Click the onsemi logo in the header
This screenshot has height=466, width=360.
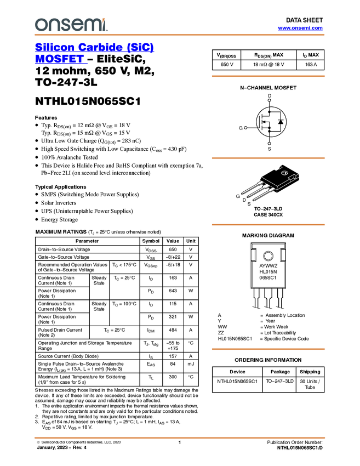point(71,25)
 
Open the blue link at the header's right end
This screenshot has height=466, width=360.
point(300,28)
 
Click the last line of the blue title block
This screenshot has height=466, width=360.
point(61,62)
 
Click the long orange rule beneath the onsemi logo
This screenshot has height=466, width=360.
point(179,35)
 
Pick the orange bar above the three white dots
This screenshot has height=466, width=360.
point(268,76)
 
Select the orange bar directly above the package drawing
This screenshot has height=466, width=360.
point(268,158)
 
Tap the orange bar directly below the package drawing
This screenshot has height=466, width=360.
point(268,225)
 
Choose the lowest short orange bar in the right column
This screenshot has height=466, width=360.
point(268,349)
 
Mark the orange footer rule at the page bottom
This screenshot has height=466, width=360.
point(179,438)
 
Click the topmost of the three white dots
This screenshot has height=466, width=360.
point(269,100)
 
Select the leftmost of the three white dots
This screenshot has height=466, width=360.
point(245,128)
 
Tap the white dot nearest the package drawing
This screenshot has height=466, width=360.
point(269,144)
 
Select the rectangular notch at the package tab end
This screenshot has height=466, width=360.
point(294,177)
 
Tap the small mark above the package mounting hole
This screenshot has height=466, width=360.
point(279,166)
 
